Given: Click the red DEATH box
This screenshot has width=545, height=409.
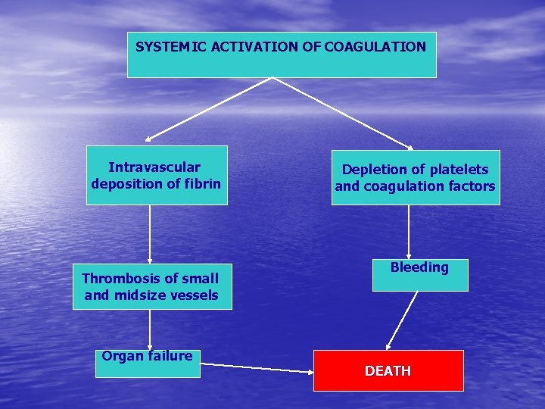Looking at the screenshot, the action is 388,370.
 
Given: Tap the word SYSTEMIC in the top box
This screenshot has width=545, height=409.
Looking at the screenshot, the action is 171,47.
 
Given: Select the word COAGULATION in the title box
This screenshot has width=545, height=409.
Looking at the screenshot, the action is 375,47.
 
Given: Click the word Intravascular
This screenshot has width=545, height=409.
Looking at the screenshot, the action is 154,167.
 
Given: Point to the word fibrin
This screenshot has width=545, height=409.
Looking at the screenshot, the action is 203,183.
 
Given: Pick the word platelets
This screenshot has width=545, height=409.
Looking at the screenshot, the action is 459,170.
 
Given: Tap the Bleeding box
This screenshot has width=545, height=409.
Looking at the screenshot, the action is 420,275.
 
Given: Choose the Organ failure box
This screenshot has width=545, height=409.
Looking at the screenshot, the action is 148,364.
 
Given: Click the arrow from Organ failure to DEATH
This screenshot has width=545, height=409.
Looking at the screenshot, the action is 257,368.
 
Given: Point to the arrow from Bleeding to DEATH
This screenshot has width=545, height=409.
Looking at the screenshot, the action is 402,320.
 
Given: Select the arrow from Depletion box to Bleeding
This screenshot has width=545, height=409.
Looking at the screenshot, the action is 409,232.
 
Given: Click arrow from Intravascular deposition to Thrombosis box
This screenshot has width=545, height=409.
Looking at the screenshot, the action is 150,234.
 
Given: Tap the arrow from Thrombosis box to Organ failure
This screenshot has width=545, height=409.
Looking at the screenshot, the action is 150,329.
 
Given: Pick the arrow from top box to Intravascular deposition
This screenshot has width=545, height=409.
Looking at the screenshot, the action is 209,109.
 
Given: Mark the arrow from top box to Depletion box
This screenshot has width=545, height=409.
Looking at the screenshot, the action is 343,114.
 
